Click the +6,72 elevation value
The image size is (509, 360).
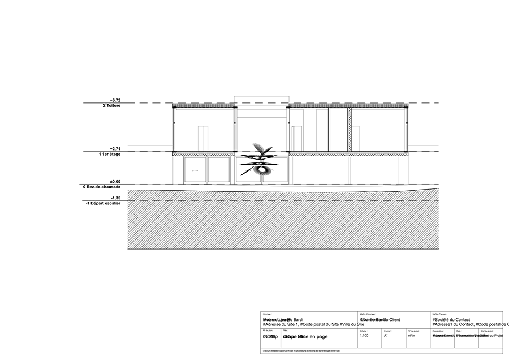[115, 100]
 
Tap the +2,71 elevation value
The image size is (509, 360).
[115, 148]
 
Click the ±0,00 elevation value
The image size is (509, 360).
[115, 181]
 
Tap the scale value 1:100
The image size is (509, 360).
[365, 336]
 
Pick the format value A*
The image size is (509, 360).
[386, 336]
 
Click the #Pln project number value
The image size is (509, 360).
[411, 336]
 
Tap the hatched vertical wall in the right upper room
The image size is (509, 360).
[350, 130]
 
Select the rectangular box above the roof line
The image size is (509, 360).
[261, 100]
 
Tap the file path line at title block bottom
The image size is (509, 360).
[303, 351]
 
